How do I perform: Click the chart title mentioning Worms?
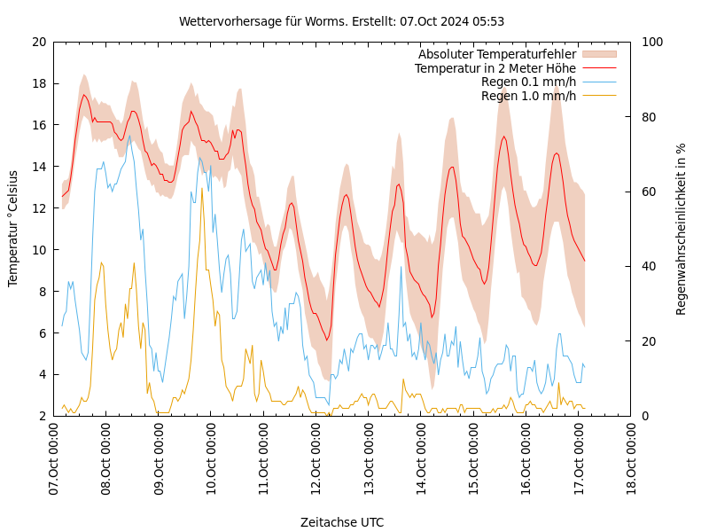tap(341, 21)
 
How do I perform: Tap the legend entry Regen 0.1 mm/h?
tap(528, 82)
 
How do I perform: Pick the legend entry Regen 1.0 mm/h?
tap(528, 96)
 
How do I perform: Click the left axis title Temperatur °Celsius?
tap(13, 229)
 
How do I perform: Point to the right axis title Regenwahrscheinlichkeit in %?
tap(682, 229)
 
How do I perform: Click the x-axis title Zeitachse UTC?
tap(342, 522)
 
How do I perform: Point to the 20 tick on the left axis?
tap(39, 42)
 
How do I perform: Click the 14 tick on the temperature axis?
tap(39, 167)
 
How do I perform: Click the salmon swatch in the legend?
tap(598, 54)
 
